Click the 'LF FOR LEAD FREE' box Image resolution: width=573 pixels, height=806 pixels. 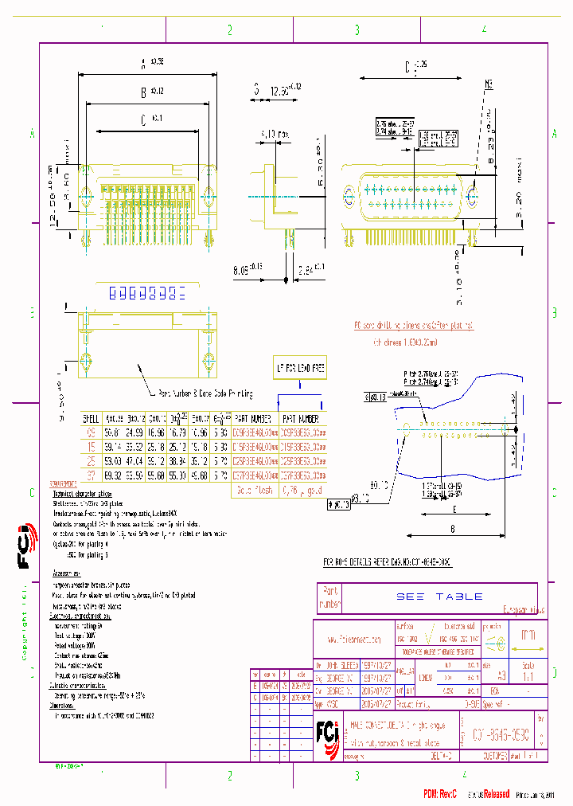pyautogui.click(x=301, y=367)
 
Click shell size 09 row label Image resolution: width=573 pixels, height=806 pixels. pyautogui.click(x=89, y=432)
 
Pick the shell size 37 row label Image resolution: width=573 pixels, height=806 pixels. pyautogui.click(x=89, y=475)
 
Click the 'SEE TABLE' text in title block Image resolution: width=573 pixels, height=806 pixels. pyautogui.click(x=439, y=596)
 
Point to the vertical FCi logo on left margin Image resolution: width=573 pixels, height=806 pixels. pyautogui.click(x=25, y=548)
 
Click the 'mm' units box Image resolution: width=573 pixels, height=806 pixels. pyautogui.click(x=528, y=636)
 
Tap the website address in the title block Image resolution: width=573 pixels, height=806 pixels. pyautogui.click(x=354, y=639)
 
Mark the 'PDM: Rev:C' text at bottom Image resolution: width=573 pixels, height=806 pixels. pyautogui.click(x=442, y=793)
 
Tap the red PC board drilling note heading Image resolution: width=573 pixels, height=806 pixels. pyautogui.click(x=413, y=325)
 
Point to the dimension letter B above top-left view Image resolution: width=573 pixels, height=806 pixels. pyautogui.click(x=143, y=93)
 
